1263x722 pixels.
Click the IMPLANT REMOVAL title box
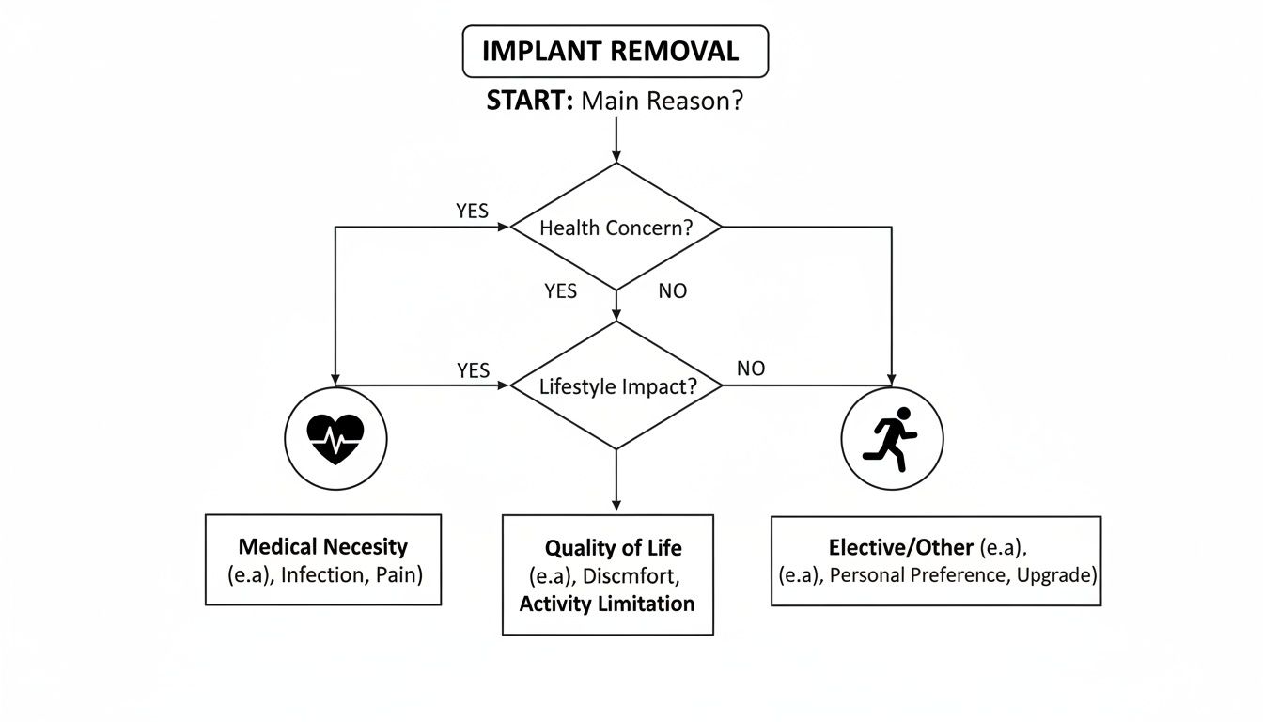click(x=616, y=52)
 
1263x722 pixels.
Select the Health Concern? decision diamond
click(x=616, y=228)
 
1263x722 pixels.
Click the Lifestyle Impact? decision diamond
click(x=616, y=385)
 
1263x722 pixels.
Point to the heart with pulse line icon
click(x=335, y=438)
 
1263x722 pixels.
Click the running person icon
click(x=891, y=438)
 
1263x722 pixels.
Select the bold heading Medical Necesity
click(x=322, y=546)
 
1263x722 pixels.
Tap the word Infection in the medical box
click(x=321, y=573)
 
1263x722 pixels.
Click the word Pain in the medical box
click(x=399, y=573)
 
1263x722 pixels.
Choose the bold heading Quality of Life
click(x=613, y=548)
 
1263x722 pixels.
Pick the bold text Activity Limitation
click(x=607, y=604)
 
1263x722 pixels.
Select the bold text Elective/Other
click(x=900, y=547)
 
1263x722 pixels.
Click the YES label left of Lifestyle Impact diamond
click(x=474, y=370)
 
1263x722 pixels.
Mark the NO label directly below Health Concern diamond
click(x=673, y=291)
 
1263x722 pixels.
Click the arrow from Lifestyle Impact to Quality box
click(x=616, y=479)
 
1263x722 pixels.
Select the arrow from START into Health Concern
click(x=616, y=139)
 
